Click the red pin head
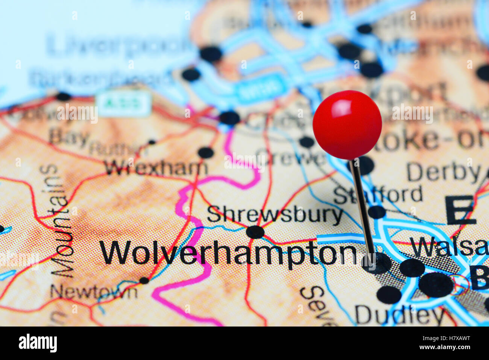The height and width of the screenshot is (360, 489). point(347,125)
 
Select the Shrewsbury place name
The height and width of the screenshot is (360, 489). point(275,215)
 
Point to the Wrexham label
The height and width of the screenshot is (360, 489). point(156,167)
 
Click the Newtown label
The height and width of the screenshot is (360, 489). point(94,292)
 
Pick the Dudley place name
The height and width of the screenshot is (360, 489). point(399,315)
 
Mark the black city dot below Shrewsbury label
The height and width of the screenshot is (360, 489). point(255,232)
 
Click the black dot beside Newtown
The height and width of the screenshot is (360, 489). point(144,280)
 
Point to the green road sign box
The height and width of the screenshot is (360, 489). point(124,103)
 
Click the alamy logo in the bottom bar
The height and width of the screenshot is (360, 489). point(38,343)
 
